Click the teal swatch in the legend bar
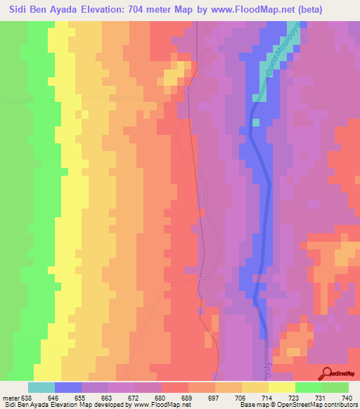41,388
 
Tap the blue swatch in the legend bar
68,388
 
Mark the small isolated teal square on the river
256,122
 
